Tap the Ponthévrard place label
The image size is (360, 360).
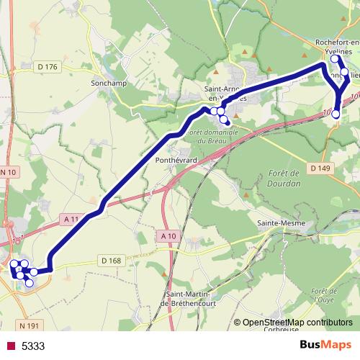pyautogui.click(x=176, y=161)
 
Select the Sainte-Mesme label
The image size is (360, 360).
pyautogui.click(x=282, y=223)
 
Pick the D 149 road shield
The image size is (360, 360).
pyautogui.click(x=320, y=168)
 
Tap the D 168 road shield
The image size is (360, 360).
pyautogui.click(x=112, y=260)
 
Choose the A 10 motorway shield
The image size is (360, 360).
pyautogui.click(x=168, y=236)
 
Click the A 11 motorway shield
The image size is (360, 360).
pyautogui.click(x=71, y=218)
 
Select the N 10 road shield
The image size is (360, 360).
pyautogui.click(x=8, y=172)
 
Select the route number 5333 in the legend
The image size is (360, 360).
pyautogui.click(x=33, y=346)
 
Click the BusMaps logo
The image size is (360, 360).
pyautogui.click(x=325, y=346)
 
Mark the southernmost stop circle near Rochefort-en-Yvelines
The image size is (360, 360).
pyautogui.click(x=336, y=114)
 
